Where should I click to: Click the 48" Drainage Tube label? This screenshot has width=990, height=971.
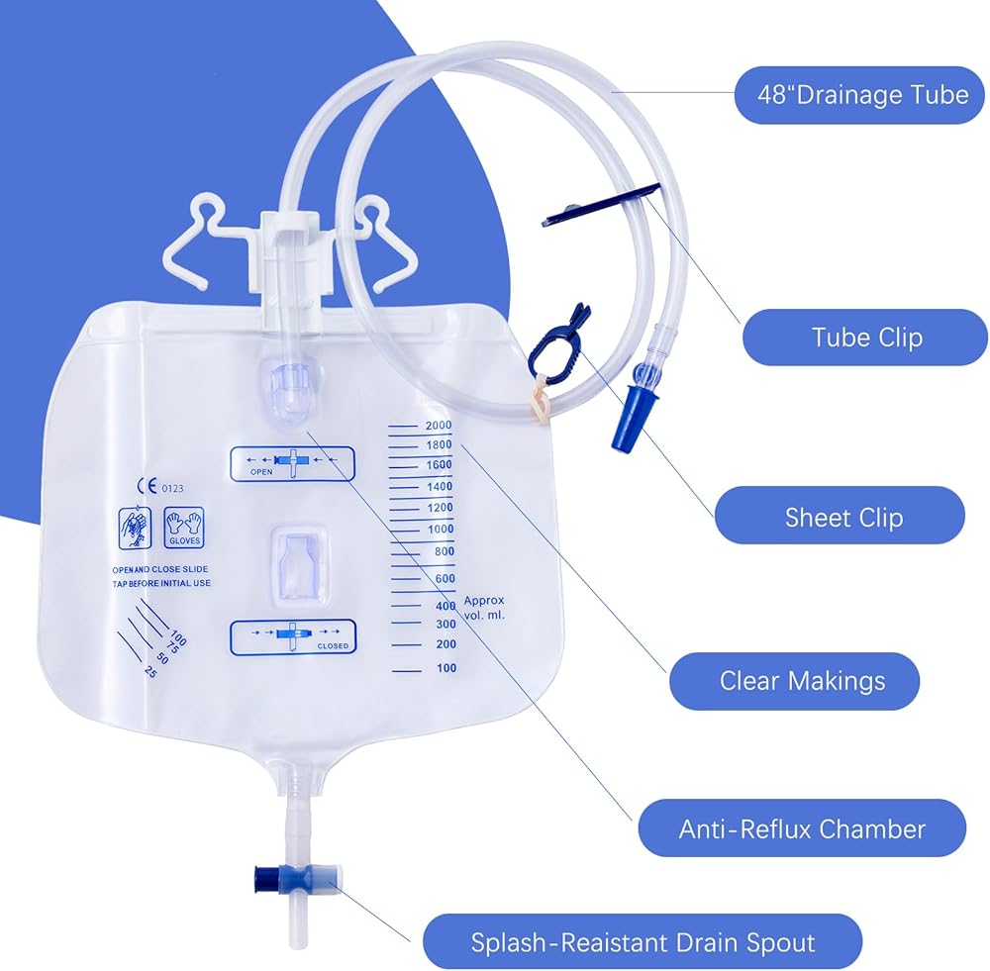point(862,95)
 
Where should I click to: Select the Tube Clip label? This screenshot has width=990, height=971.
point(866,338)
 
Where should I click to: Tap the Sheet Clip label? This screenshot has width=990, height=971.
point(843,518)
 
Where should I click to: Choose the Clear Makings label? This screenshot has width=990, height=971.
point(802,681)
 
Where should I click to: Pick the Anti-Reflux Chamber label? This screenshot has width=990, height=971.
point(802,828)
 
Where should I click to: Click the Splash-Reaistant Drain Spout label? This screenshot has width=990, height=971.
point(643,943)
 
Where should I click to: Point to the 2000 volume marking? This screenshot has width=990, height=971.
point(439,425)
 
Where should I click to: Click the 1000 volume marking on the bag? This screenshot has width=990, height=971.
point(441,530)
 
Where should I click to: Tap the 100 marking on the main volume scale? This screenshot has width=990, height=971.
point(446,668)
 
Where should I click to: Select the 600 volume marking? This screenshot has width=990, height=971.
point(445,579)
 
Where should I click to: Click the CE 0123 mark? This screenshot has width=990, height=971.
point(160,487)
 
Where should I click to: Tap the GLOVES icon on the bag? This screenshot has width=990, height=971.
point(184,528)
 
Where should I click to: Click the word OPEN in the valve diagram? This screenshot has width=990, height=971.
point(261,471)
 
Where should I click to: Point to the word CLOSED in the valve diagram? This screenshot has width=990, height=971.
point(333,646)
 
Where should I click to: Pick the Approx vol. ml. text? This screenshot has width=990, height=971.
point(484,608)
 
